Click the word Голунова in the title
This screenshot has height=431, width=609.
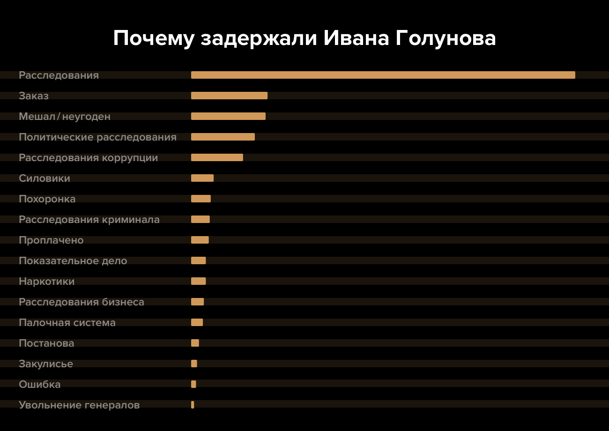[446, 39]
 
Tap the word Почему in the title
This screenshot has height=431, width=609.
[153, 39]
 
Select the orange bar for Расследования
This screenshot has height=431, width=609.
[383, 75]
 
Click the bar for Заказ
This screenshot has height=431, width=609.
[229, 96]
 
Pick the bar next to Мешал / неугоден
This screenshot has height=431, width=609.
[228, 116]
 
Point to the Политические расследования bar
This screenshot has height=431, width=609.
[223, 137]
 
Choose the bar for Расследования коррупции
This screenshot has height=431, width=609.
[217, 157]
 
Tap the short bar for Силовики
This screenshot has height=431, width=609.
[202, 178]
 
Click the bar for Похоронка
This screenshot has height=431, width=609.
[201, 199]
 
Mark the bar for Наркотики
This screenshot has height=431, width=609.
[199, 281]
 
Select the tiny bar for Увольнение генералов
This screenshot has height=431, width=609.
[193, 405]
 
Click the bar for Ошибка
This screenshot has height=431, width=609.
[193, 384]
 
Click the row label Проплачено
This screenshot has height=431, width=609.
[51, 240]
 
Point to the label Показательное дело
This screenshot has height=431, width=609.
[73, 261]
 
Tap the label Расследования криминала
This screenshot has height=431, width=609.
[89, 220]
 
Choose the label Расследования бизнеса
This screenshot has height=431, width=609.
[82, 302]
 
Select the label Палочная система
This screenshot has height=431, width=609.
[67, 323]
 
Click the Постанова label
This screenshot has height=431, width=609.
[46, 343]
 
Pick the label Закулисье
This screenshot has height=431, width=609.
[46, 364]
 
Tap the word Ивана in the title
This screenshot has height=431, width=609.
[356, 39]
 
